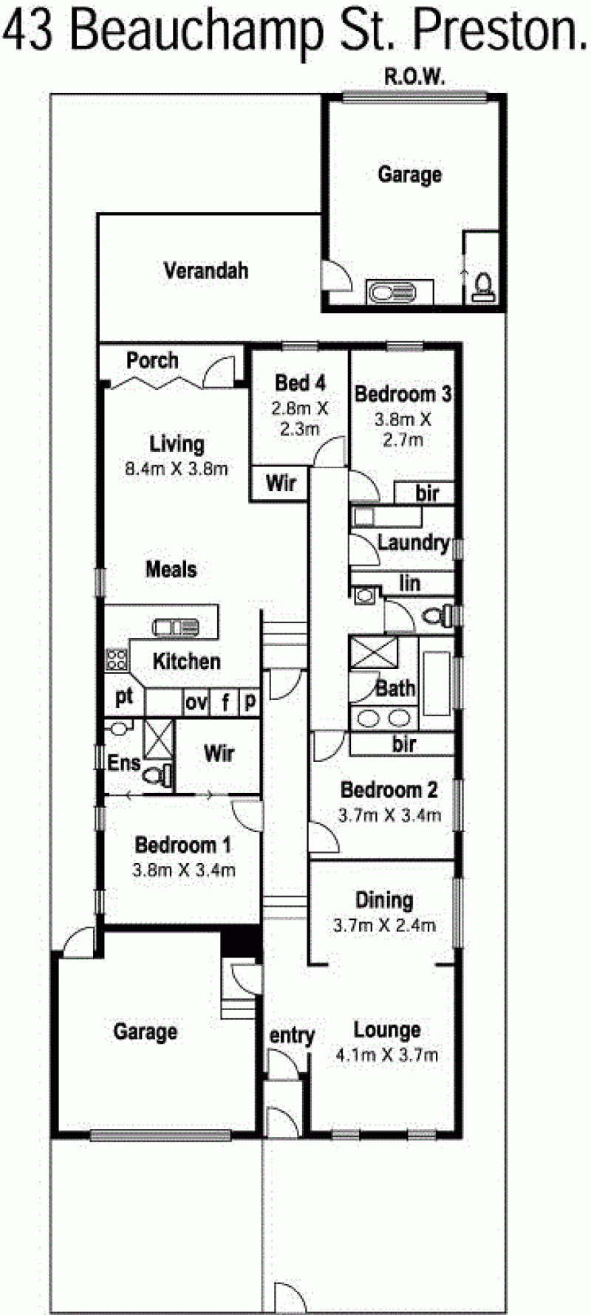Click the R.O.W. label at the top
[x=412, y=76]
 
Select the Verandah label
[x=205, y=270]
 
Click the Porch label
[x=152, y=360]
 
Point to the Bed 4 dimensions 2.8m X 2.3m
[x=299, y=417]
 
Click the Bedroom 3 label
[x=403, y=394]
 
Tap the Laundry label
[x=413, y=543]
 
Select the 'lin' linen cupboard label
[x=409, y=583]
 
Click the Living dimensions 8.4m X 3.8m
[x=177, y=467]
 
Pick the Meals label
[x=171, y=569]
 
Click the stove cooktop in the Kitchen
[x=116, y=659]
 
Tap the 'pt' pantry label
[x=123, y=697]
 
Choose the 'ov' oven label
[x=196, y=702]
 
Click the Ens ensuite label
[x=123, y=762]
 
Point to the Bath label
[x=395, y=688]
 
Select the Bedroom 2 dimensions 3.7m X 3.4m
[x=389, y=815]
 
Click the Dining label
[x=384, y=900]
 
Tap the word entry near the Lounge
[x=292, y=1037]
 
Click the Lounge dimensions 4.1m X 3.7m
[x=387, y=1055]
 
